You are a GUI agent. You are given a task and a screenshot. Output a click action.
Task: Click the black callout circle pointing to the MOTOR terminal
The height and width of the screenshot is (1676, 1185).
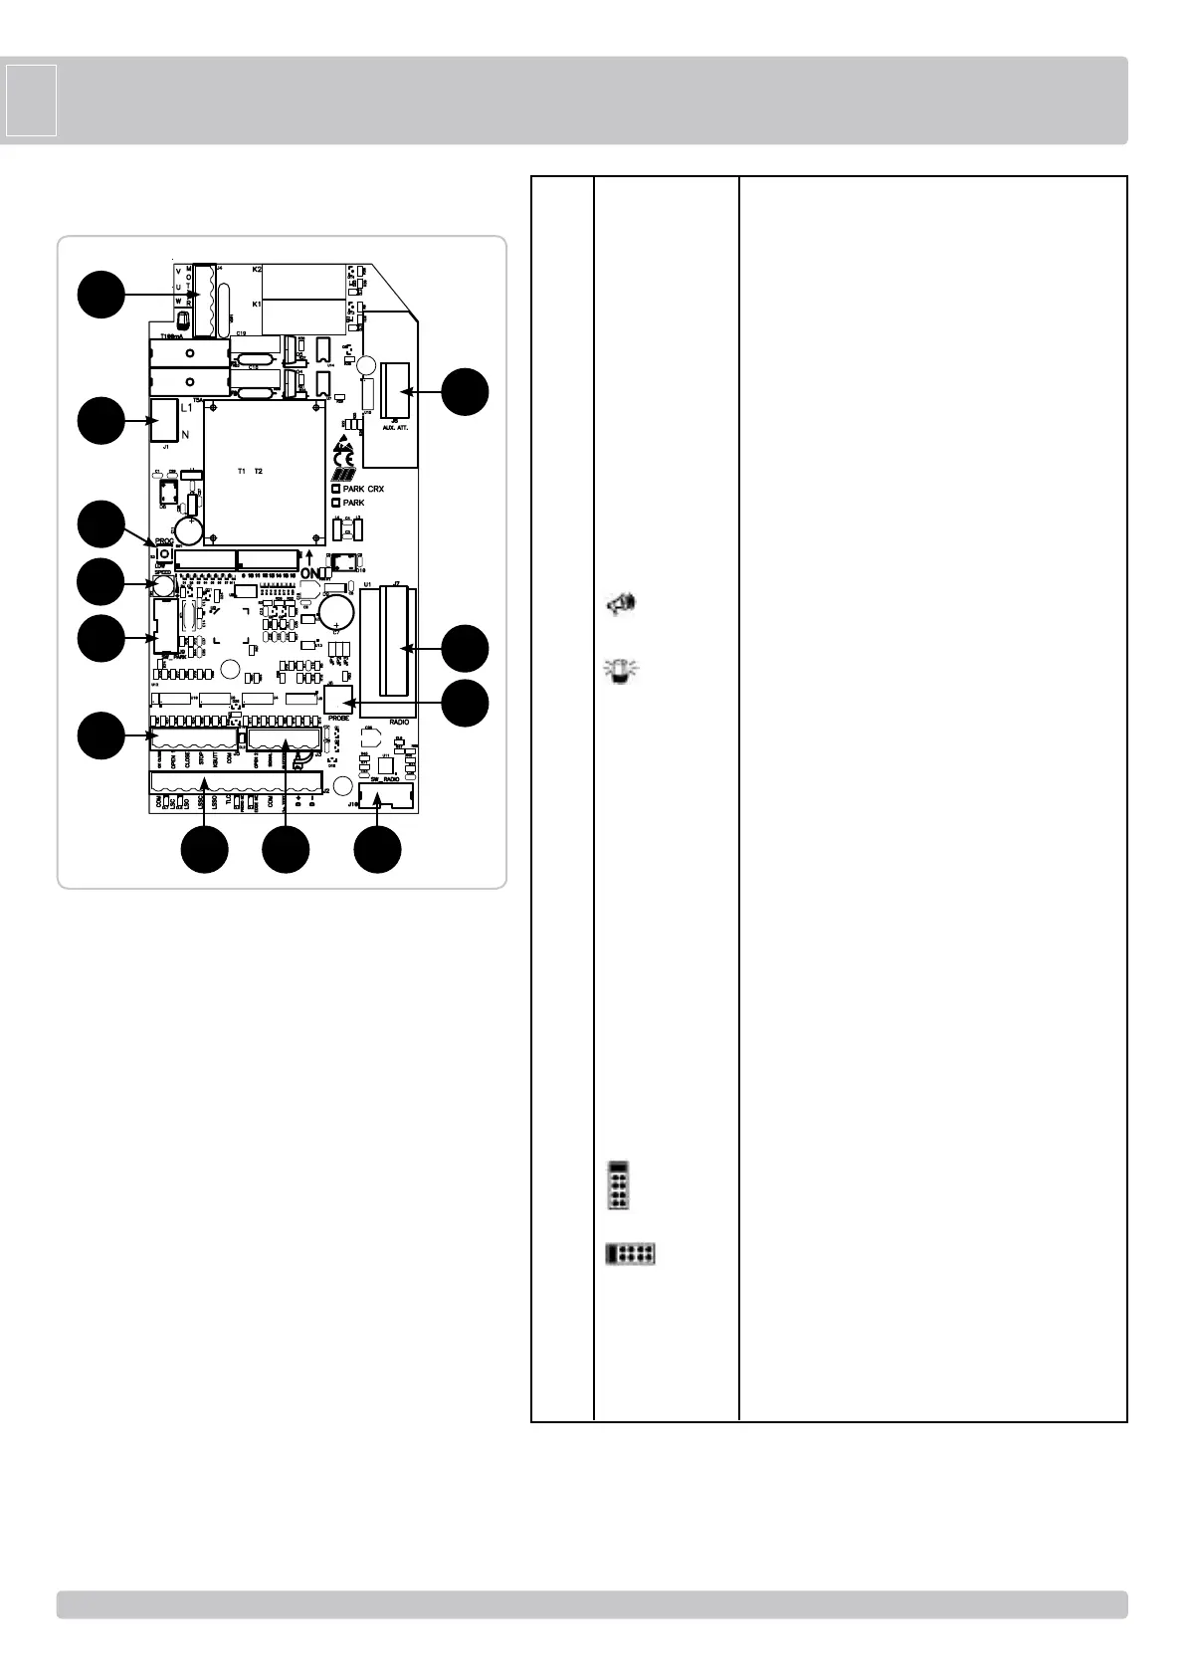pos(100,294)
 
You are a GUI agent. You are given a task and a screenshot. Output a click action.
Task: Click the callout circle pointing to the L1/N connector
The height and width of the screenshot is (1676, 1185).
pos(100,421)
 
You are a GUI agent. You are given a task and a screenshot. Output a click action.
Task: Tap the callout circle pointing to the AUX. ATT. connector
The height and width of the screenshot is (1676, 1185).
pos(466,392)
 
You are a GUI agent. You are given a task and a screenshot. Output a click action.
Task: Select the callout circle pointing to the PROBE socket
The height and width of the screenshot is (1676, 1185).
pos(466,703)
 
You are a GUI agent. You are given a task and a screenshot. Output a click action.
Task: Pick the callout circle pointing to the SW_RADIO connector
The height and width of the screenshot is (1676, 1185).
pos(378,850)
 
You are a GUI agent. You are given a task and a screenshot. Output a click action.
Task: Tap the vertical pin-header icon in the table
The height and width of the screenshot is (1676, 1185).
pos(618,1184)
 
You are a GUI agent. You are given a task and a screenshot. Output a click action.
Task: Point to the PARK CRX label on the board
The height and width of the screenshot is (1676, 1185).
pos(362,490)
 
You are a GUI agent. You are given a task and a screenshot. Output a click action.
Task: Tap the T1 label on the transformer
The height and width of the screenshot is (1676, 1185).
pos(242,470)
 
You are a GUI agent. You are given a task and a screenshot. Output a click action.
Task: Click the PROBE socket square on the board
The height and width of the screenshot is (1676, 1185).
pos(339,700)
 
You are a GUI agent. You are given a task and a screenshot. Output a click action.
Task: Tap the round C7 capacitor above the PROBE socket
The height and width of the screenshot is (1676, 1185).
pos(337,611)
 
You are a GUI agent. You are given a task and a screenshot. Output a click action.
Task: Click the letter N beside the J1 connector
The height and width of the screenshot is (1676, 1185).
pos(185,435)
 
